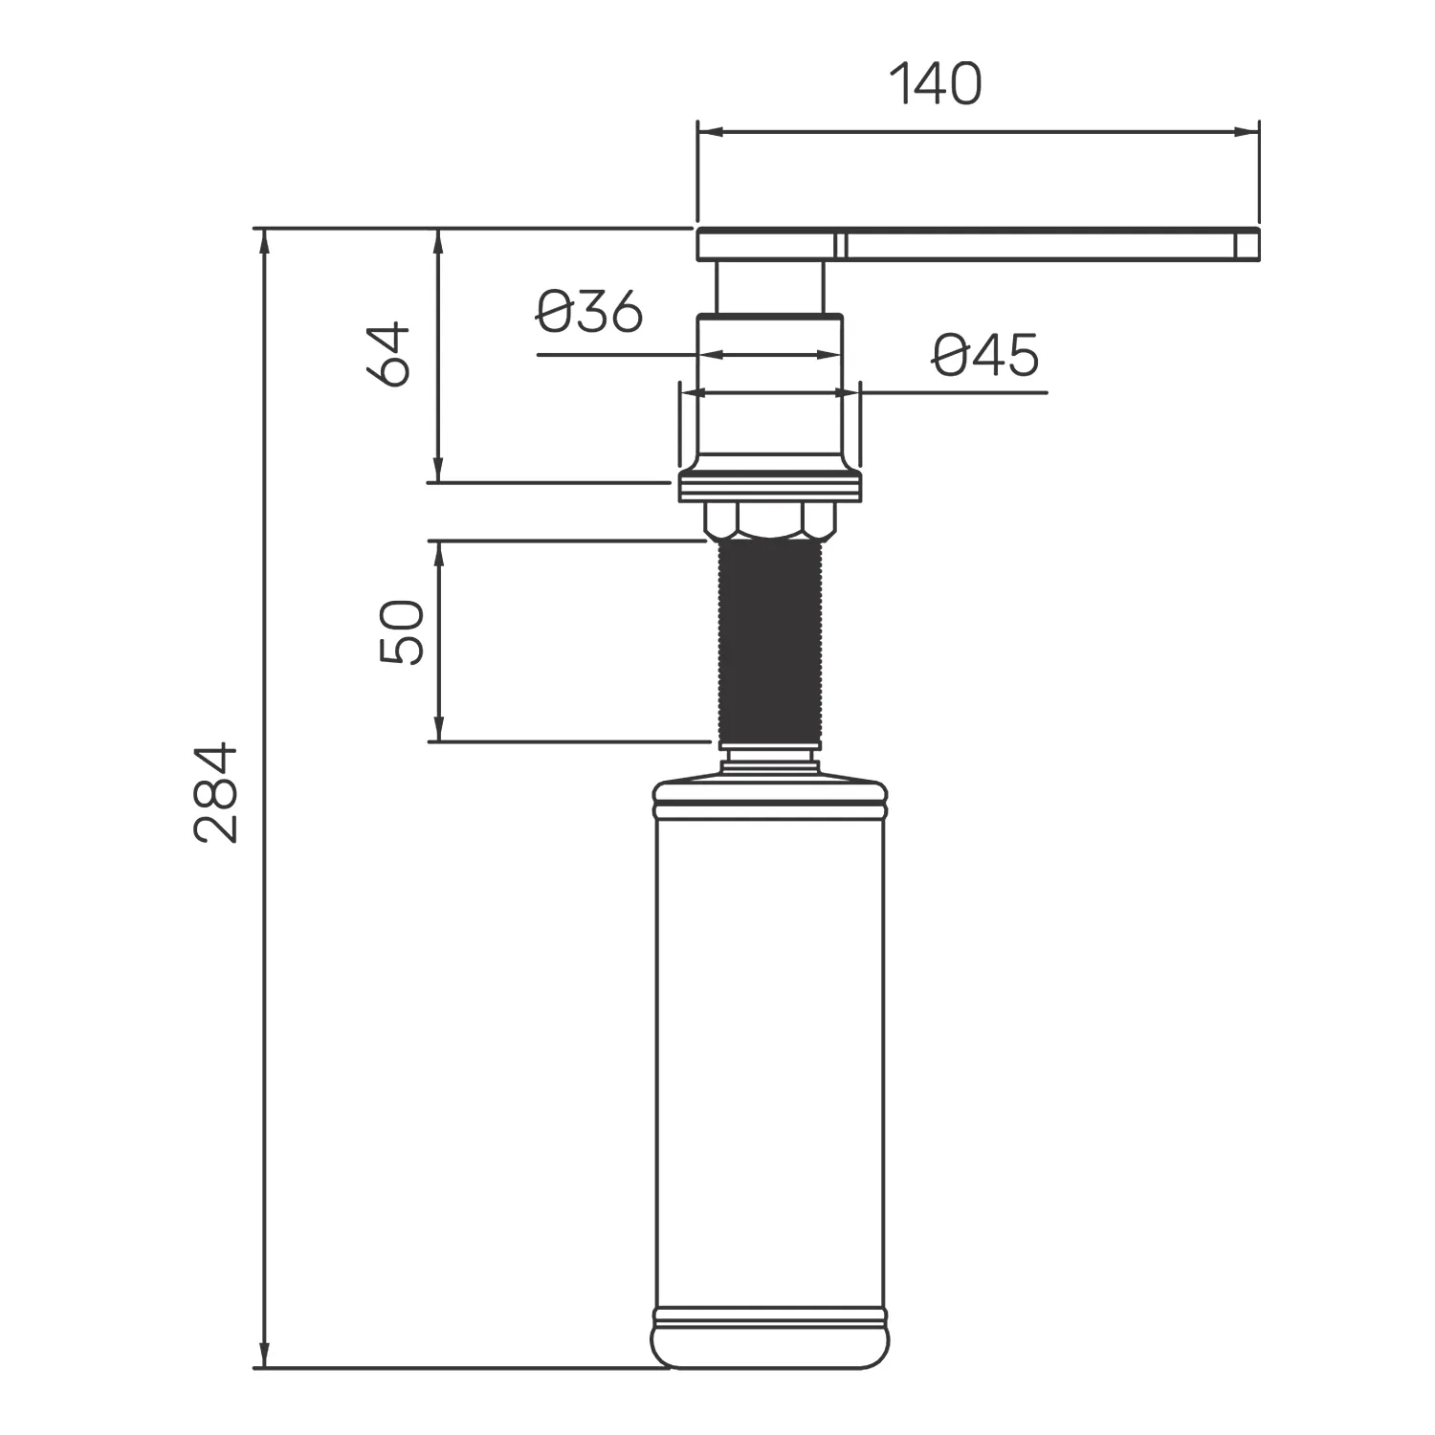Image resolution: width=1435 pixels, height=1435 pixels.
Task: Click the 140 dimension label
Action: click(936, 84)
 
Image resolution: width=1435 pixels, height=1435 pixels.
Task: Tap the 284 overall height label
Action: click(215, 791)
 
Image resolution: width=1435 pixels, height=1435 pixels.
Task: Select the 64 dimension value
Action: click(389, 355)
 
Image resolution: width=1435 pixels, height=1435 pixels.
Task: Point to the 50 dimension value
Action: click(402, 631)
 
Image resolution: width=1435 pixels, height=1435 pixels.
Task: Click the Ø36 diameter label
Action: click(588, 312)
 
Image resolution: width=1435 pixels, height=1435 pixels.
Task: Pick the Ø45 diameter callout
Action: click(984, 355)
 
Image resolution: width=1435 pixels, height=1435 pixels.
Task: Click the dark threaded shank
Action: click(769, 642)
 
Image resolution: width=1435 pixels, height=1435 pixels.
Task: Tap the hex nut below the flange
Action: click(769, 519)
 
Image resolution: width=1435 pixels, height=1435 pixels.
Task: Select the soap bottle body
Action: click(769, 1071)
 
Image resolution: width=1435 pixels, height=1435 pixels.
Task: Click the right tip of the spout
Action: click(1258, 244)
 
